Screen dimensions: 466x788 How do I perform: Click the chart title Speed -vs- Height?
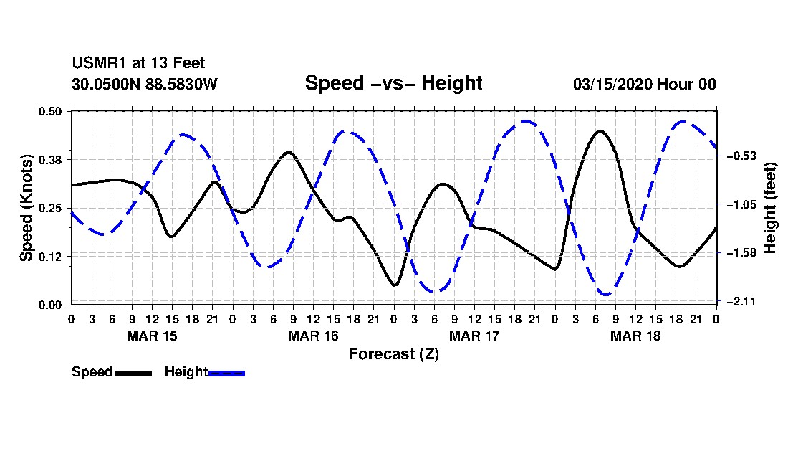coord(393,83)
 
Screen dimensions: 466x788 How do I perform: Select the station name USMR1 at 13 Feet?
coord(138,64)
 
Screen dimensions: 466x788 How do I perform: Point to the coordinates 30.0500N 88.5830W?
coord(144,84)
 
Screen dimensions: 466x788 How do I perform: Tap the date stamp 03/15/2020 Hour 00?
coord(644,84)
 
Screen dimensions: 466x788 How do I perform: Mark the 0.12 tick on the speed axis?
coord(52,256)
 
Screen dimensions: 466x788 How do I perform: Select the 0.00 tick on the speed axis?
coord(52,305)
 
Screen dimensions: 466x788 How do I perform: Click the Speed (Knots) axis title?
coord(26,207)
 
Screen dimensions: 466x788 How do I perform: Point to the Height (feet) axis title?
coord(770,207)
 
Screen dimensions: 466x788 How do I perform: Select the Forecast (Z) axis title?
coord(393,353)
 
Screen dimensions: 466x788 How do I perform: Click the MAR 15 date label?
coord(152,336)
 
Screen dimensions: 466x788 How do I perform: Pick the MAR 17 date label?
coord(474,336)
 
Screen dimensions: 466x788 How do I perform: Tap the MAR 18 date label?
coord(635,336)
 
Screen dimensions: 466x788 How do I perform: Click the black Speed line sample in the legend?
coord(133,373)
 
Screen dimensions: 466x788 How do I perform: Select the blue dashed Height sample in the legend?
coord(226,373)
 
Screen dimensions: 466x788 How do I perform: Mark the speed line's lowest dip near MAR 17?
coord(395,285)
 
